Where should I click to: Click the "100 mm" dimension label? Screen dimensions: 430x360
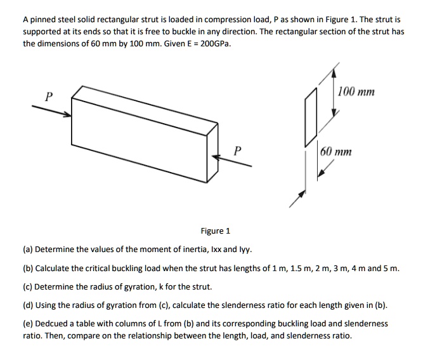pyautogui.click(x=356, y=92)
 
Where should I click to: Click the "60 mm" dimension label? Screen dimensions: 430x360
pyautogui.click(x=336, y=152)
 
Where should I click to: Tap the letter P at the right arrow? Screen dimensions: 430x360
pyautogui.click(x=237, y=150)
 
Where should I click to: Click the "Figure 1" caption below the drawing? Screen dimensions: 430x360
pyautogui.click(x=216, y=231)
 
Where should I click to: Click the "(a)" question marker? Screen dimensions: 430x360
pyautogui.click(x=29, y=250)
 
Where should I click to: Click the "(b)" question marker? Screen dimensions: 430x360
pyautogui.click(x=29, y=269)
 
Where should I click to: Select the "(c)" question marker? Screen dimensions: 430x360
pyautogui.click(x=29, y=287)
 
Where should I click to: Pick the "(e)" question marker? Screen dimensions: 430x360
pyautogui.click(x=29, y=324)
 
